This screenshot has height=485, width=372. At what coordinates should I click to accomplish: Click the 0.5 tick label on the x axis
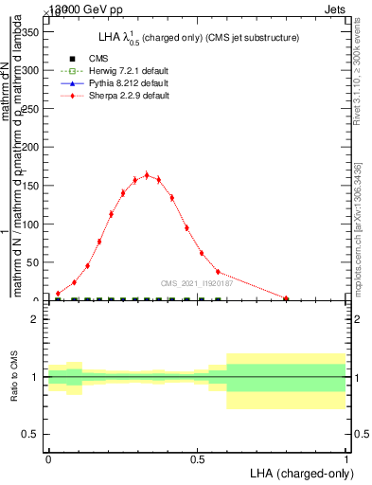pyautogui.click(x=197, y=459)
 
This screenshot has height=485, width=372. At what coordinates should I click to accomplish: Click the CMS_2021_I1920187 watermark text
pyautogui.click(x=197, y=282)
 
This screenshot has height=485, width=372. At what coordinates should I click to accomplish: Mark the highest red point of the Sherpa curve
pyautogui.click(x=146, y=174)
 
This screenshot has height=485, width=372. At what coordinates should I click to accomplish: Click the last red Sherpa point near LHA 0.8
pyautogui.click(x=286, y=298)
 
